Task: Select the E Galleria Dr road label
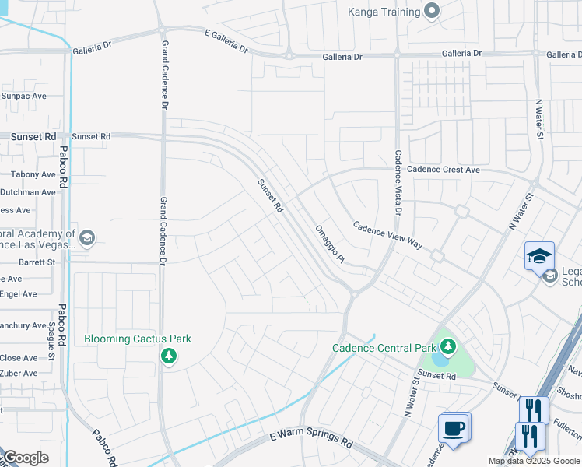226,41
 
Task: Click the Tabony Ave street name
33,175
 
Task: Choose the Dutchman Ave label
28,192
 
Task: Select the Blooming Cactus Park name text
138,339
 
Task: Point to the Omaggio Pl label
330,244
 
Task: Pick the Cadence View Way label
387,235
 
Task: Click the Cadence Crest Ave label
444,170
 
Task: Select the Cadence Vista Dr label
398,183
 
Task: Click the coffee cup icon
453,427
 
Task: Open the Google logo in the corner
26,458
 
